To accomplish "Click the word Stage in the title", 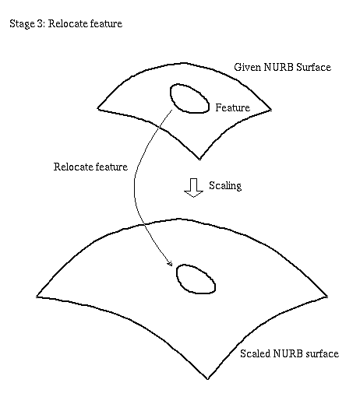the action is (x=22, y=24).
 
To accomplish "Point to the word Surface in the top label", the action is (x=313, y=67).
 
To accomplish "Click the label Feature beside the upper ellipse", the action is (x=232, y=107).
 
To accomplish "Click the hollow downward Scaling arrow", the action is (x=194, y=188).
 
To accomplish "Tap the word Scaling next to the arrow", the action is (x=225, y=185).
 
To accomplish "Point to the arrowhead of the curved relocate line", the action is (x=171, y=264).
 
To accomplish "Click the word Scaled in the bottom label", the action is (x=255, y=353).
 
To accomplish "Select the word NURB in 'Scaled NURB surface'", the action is (x=288, y=353).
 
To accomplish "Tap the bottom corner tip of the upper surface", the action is (x=199, y=159).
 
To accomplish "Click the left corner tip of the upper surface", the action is (x=98, y=108).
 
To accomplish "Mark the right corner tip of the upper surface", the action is (x=271, y=110).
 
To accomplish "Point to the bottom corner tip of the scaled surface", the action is (x=208, y=379).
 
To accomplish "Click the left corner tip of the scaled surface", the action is (x=37, y=297).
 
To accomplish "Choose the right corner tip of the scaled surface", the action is (x=328, y=297).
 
